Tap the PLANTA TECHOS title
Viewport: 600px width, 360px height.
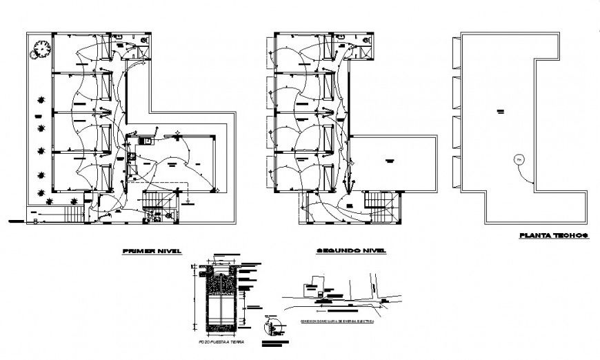[552, 236]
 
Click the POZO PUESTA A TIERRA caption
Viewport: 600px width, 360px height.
[218, 342]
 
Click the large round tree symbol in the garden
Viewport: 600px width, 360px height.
[42, 50]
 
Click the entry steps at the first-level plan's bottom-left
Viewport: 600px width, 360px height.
[70, 214]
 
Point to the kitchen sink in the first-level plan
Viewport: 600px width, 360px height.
[146, 141]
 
